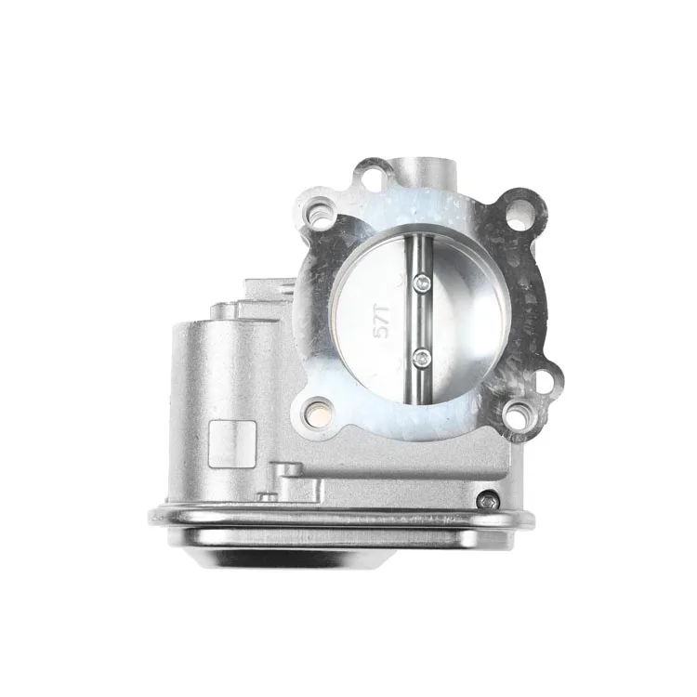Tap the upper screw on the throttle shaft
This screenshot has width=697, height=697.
(421, 285)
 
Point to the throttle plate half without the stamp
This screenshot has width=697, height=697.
(455, 321)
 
